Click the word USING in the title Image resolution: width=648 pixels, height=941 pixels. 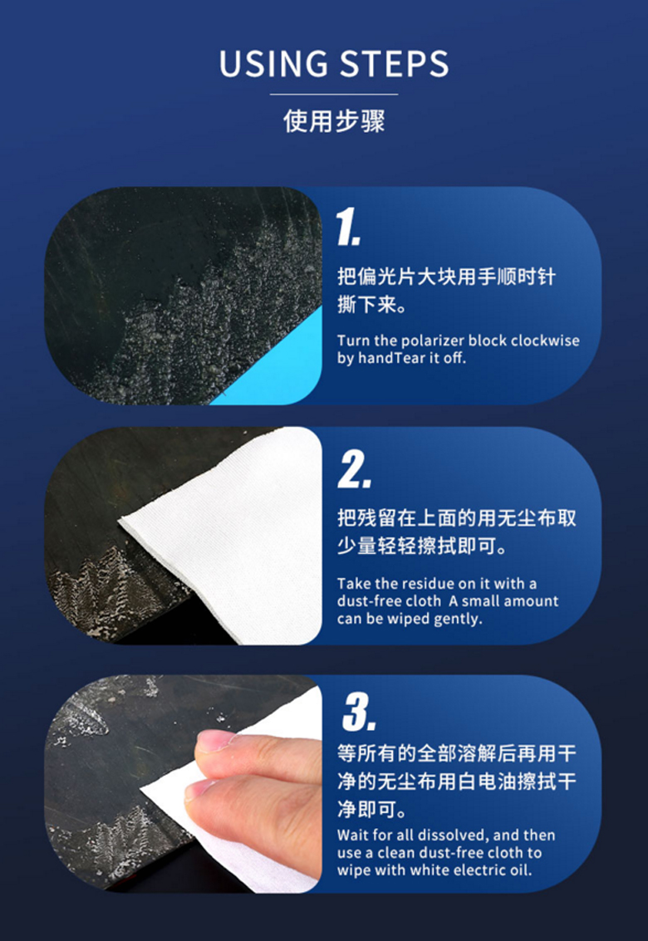pos(274,64)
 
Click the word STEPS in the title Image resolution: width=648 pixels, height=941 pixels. pos(395,64)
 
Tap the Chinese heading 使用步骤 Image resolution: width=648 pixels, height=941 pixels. pos(334,120)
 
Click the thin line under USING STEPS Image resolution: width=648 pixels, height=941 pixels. pos(334,94)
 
